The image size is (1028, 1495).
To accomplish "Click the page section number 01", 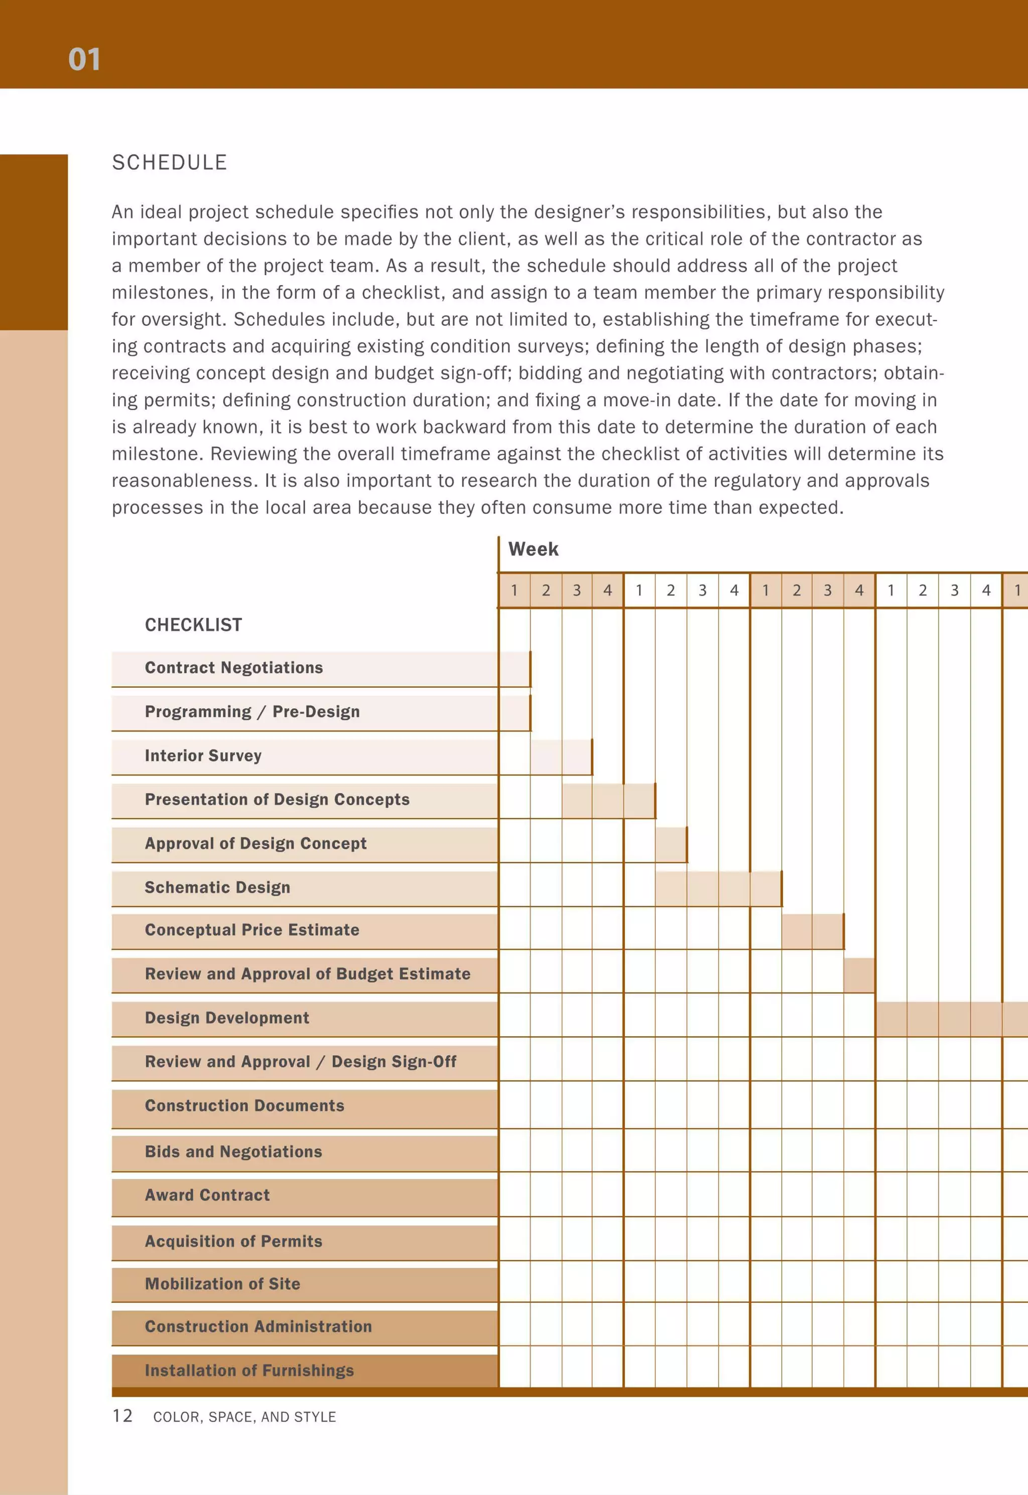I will coord(84,59).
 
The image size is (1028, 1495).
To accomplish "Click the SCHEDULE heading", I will coord(169,162).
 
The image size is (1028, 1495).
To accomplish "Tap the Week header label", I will coord(533,549).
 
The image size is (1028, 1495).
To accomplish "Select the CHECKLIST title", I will coord(193,625).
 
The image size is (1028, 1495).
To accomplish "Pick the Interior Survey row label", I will coord(203,756).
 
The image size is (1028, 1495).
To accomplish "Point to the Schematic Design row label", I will coord(217,887).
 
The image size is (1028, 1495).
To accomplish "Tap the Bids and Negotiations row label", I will coord(233,1152).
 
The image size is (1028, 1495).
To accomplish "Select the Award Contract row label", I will coord(207,1195).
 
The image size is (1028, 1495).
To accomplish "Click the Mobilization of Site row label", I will coord(222,1284).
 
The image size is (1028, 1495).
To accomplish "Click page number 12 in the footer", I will coord(122,1415).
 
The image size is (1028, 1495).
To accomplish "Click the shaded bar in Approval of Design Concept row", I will coord(671,844).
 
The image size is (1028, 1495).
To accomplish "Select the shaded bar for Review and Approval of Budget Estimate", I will coord(859,975).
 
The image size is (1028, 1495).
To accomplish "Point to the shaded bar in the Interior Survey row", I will coord(560,757).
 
